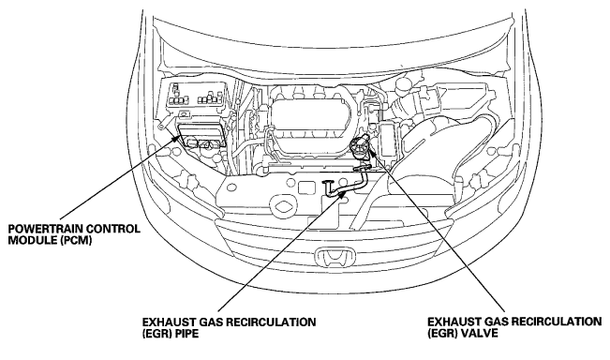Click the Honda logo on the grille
click(335, 257)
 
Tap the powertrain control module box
click(201, 135)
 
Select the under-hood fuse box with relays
click(196, 96)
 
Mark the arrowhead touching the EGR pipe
click(342, 193)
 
